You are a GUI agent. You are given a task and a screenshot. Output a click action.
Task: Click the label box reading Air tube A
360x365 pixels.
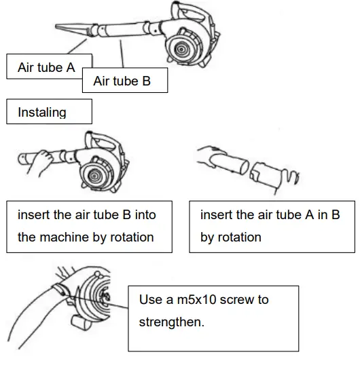46,68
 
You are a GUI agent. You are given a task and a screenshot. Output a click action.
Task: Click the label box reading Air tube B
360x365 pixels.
122,81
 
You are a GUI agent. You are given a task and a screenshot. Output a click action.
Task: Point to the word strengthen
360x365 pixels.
170,322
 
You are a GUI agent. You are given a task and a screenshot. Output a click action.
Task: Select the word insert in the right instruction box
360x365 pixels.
217,215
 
